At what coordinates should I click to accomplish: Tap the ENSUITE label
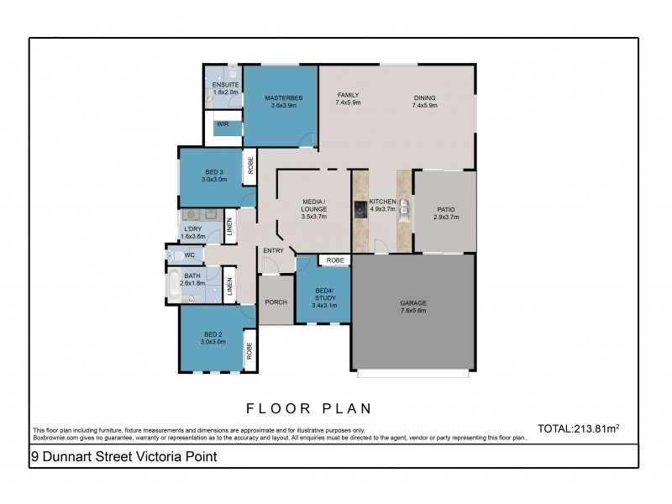coord(225,85)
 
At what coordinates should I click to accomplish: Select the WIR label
coord(223,124)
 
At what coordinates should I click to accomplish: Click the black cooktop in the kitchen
coord(360,209)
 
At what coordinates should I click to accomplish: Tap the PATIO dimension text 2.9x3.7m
coord(445,218)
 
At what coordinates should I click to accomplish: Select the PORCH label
coord(276,303)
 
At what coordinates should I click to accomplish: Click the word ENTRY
coord(273,250)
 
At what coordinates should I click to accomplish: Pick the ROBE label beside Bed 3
coord(249,166)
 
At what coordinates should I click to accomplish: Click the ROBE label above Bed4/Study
coord(334,260)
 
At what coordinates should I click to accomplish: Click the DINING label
coord(423,98)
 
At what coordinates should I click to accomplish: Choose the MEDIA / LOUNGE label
coord(313,207)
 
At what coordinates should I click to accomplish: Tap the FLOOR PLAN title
coord(308,408)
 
